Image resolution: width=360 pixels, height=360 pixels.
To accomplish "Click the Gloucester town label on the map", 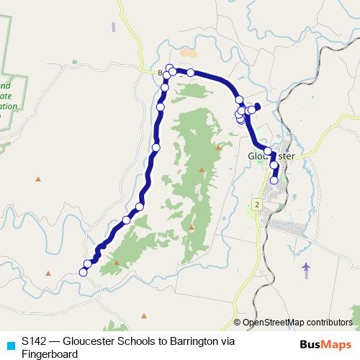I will (x=271, y=156).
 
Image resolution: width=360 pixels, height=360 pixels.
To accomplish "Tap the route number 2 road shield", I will (x=256, y=205).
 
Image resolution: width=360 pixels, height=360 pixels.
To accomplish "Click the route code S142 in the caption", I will (x=35, y=341).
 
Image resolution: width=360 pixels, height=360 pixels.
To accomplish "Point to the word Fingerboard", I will (x=49, y=354).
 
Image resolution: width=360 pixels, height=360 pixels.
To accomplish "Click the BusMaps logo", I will (x=326, y=345).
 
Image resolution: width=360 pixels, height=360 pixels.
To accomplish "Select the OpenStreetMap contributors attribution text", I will (x=297, y=322).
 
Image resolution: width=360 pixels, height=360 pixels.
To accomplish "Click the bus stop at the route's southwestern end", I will (x=83, y=271).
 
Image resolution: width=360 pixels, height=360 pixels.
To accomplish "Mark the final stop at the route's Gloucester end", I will (x=274, y=180).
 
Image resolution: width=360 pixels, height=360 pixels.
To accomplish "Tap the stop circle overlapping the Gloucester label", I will (x=269, y=151).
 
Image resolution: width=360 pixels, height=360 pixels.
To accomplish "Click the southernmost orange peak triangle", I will (x=144, y=315).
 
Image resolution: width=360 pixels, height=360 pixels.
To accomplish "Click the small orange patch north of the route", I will (x=188, y=53).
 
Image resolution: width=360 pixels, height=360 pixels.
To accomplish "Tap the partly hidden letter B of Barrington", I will (x=161, y=72).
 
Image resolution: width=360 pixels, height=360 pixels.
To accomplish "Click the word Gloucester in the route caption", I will (x=85, y=341).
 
